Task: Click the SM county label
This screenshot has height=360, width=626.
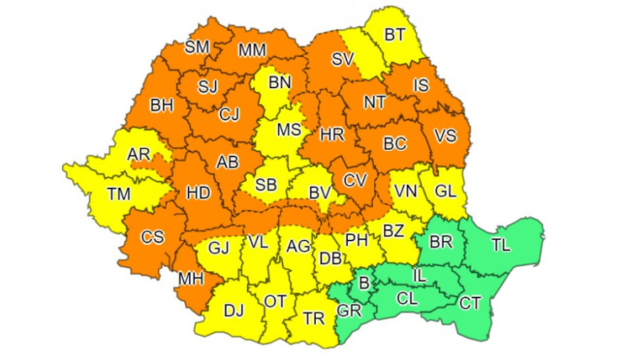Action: [197, 47]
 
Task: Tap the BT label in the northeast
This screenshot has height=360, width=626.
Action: [396, 33]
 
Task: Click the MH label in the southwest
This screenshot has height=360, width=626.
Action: [191, 278]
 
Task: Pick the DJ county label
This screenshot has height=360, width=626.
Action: [233, 309]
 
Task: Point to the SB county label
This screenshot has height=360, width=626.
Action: [266, 185]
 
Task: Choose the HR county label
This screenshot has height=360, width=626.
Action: [332, 134]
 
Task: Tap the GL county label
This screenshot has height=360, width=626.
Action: [445, 191]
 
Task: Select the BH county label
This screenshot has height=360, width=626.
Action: [161, 105]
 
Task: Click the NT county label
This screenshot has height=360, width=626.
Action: [374, 102]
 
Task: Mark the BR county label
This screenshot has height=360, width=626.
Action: [441, 242]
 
